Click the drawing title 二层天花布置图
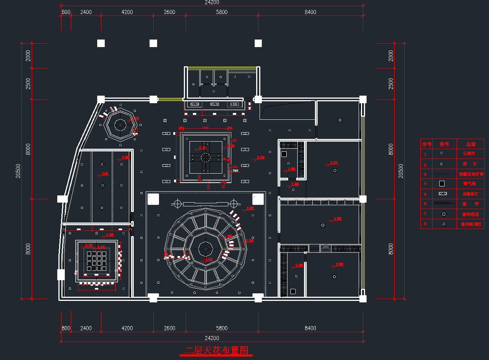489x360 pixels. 217,351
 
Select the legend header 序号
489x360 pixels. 426,144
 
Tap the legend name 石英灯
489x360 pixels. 469,154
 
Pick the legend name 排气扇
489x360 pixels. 469,184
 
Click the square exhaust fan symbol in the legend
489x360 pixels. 442,184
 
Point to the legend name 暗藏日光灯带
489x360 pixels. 471,174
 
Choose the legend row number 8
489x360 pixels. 425,224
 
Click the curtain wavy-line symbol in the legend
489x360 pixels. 443,203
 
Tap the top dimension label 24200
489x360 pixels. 212,2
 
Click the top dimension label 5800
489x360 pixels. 222,12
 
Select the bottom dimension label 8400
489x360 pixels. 310,328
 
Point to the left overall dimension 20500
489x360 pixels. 18,171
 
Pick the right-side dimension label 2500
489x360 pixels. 391,84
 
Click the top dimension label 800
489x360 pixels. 66,12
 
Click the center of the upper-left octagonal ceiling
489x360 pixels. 121,125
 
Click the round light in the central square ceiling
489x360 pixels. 205,157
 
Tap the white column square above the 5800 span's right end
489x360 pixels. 258,43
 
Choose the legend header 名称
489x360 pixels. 471,144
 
